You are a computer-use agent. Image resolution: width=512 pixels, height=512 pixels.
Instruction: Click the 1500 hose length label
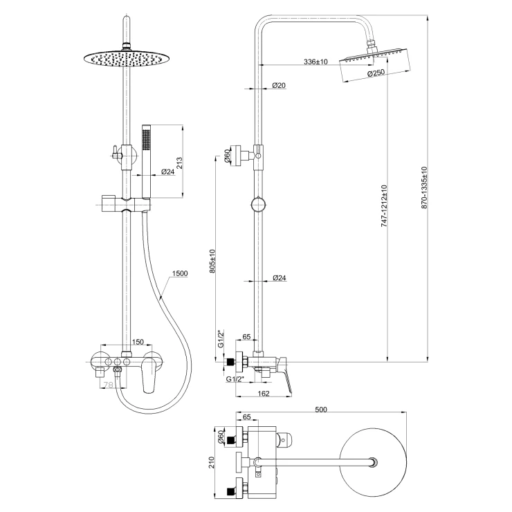point(181,273)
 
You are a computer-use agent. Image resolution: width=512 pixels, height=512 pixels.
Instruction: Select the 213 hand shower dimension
point(179,163)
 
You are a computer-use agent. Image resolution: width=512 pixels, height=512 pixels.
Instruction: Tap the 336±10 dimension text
point(316,63)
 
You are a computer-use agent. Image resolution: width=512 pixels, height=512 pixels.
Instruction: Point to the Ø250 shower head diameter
point(376,73)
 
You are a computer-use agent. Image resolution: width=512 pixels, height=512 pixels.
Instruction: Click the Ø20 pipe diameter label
point(280,85)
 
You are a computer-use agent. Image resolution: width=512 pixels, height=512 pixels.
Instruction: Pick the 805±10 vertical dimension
point(213,262)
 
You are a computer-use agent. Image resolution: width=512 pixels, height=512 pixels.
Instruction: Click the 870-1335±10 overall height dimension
point(423,188)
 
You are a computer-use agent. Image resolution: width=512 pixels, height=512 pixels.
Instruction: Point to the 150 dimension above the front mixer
point(137,341)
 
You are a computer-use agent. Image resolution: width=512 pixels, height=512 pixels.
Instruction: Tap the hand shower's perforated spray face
point(146,138)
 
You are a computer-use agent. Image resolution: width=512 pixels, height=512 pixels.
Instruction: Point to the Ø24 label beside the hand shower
point(167,172)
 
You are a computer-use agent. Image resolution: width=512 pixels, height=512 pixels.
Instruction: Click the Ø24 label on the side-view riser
point(280,278)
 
